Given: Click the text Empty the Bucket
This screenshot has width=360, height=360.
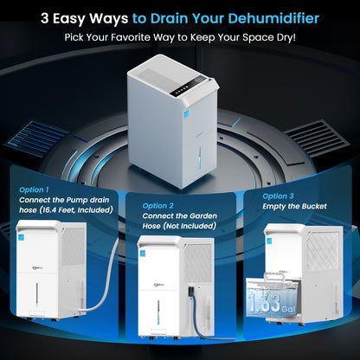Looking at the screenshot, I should (294, 206).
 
